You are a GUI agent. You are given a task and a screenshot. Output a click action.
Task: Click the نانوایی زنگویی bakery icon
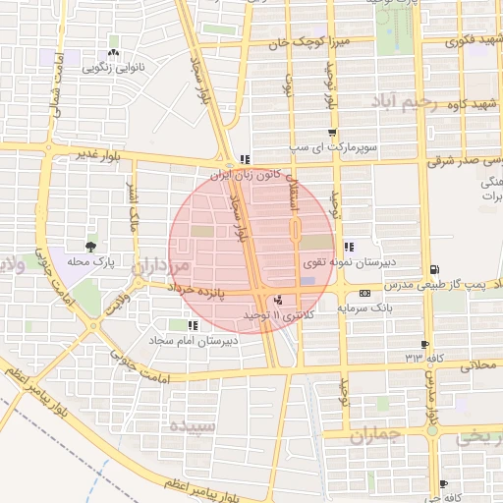pos(114,54)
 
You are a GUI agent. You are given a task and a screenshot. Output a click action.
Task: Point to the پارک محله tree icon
pos(91,246)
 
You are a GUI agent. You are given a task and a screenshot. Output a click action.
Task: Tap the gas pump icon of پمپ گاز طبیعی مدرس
pos(434,269)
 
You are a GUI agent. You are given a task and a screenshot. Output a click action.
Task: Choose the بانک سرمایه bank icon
pos(364,293)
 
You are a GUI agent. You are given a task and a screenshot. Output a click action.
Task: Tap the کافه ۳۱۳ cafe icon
pos(423,345)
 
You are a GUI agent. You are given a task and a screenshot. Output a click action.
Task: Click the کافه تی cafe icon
pos(443,484)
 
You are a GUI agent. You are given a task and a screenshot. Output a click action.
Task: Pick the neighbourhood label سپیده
pos(192,426)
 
